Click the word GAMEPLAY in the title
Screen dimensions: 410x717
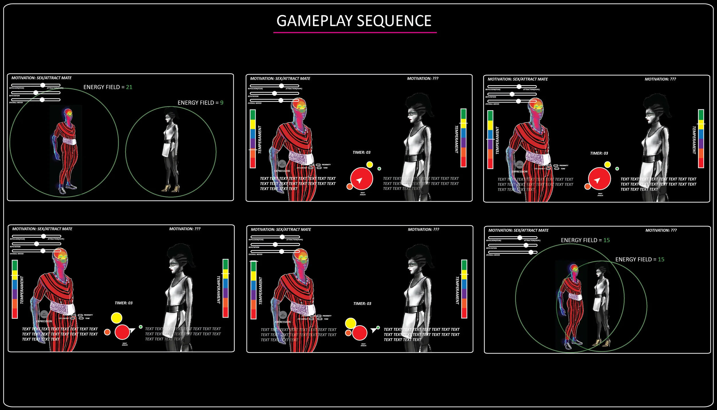pyautogui.click(x=314, y=21)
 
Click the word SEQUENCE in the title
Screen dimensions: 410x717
pyautogui.click(x=394, y=21)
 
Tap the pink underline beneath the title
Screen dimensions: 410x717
pyautogui.click(x=355, y=32)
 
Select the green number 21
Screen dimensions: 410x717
pyautogui.click(x=129, y=87)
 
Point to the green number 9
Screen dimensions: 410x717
pyautogui.click(x=221, y=103)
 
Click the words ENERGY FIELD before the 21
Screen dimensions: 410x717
pyautogui.click(x=102, y=87)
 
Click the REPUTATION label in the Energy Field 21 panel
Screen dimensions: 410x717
pyautogui.click(x=14, y=96)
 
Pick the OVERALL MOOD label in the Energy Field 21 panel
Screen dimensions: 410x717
pyautogui.click(x=16, y=103)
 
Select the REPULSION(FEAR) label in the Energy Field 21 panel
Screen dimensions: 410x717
pyautogui.click(x=17, y=88)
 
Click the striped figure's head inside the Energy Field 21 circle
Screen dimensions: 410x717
pyautogui.click(x=68, y=114)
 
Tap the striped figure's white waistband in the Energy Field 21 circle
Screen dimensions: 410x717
pyautogui.click(x=69, y=141)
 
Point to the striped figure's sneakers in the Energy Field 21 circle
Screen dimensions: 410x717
pyautogui.click(x=67, y=189)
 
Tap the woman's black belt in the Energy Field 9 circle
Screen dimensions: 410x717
pyautogui.click(x=170, y=141)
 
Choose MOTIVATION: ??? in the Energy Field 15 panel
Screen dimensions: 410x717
pyautogui.click(x=661, y=230)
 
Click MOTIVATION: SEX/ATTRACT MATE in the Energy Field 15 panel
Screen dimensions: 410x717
pyautogui.click(x=518, y=230)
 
